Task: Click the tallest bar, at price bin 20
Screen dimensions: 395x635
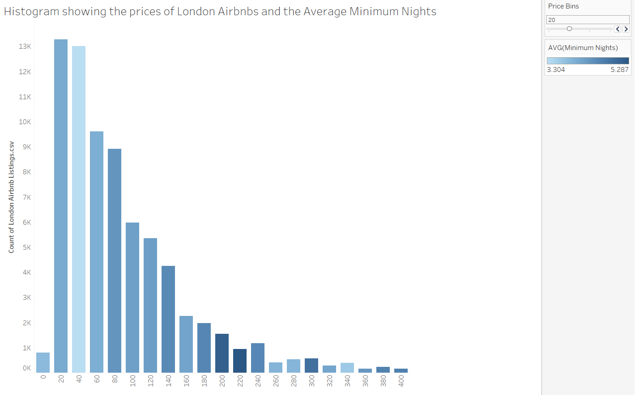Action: point(61,206)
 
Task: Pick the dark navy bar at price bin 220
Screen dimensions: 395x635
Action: point(240,361)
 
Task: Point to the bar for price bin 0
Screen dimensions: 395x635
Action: point(43,362)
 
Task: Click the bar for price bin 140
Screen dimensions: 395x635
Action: point(168,319)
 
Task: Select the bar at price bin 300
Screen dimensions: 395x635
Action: point(311,365)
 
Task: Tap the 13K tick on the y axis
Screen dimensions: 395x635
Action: point(25,46)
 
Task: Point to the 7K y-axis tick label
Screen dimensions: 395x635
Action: point(27,197)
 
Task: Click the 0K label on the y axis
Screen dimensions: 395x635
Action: point(27,368)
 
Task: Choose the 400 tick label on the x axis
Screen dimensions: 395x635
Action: point(401,380)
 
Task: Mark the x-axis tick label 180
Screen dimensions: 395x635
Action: point(205,380)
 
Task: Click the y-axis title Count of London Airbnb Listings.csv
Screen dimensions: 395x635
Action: point(12,197)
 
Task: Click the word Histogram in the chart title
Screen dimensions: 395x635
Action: point(31,12)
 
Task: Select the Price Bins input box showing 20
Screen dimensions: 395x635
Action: point(587,20)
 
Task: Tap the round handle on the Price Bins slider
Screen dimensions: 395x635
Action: point(569,29)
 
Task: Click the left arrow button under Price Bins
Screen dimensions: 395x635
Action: point(618,29)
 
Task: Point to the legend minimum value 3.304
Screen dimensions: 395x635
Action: point(556,70)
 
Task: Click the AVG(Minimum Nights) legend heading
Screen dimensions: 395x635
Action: point(583,48)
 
